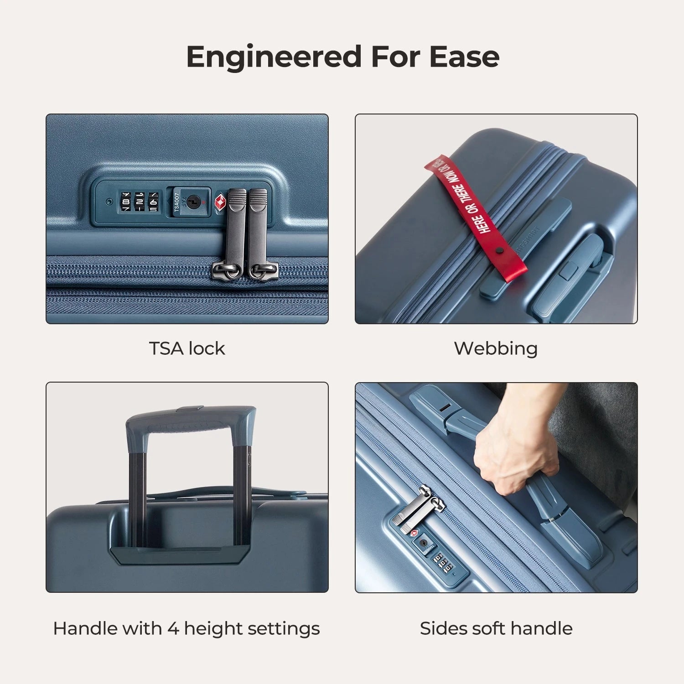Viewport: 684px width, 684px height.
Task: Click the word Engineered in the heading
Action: click(274, 57)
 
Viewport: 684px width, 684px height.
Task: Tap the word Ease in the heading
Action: click(464, 57)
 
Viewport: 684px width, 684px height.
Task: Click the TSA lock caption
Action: click(187, 348)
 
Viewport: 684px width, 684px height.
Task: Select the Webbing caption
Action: click(496, 348)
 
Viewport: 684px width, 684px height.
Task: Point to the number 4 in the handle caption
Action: click(173, 628)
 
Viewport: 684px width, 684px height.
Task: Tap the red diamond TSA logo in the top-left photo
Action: click(220, 202)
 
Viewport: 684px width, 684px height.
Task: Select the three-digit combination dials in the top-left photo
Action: click(139, 202)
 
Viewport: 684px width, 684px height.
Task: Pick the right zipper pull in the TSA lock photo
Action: click(258, 228)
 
